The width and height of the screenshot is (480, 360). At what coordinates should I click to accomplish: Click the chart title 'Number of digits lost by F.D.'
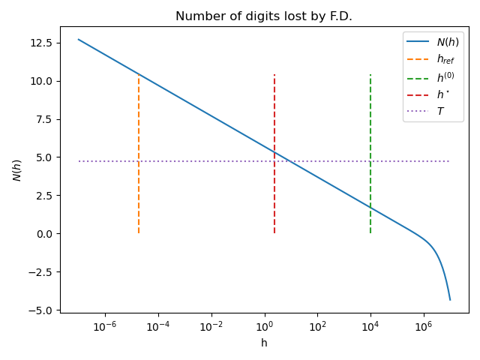tap(264, 16)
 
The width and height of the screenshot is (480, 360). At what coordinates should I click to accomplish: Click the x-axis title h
tap(264, 343)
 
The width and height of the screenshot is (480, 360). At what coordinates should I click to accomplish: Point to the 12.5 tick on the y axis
tap(42, 43)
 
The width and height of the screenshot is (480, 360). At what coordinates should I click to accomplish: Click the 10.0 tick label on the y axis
tap(42, 81)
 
